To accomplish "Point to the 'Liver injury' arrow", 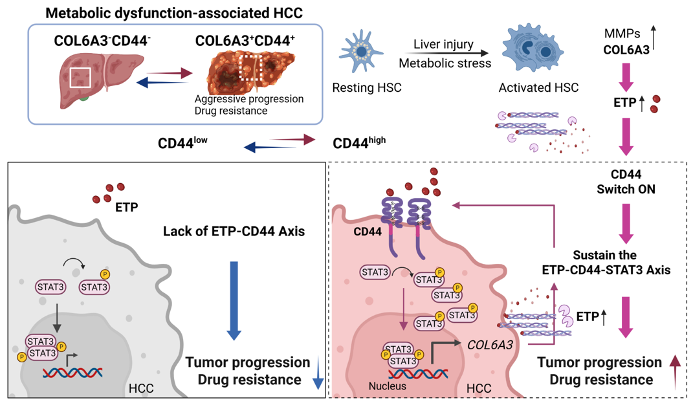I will [x=444, y=54].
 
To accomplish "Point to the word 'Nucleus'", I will [x=386, y=386].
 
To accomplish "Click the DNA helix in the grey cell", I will [x=72, y=372].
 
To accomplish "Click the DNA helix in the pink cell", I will [x=418, y=374].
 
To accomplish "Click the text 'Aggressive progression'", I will [x=248, y=99].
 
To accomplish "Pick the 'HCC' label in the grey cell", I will [x=142, y=388].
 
